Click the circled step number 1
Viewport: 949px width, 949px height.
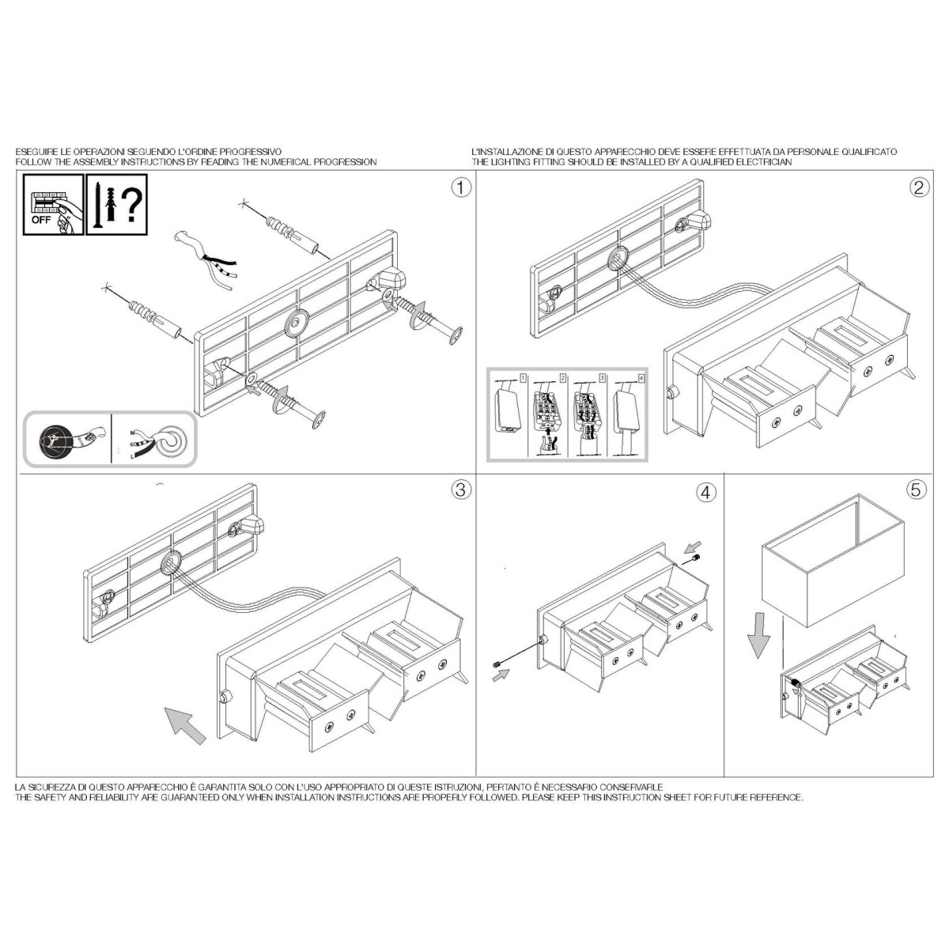point(461,187)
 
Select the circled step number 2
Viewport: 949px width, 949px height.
point(919,187)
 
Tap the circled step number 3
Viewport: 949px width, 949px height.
point(461,490)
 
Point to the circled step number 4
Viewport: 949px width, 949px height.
point(705,492)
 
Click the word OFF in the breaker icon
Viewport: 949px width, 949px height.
point(41,220)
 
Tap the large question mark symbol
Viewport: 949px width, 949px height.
point(131,205)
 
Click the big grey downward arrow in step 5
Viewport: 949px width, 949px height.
point(758,636)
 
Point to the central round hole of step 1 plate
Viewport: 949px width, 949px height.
point(297,323)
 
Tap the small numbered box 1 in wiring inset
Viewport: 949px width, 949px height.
point(523,378)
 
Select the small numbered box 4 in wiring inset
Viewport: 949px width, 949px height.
point(641,378)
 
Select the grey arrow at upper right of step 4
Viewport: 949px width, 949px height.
point(693,546)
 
